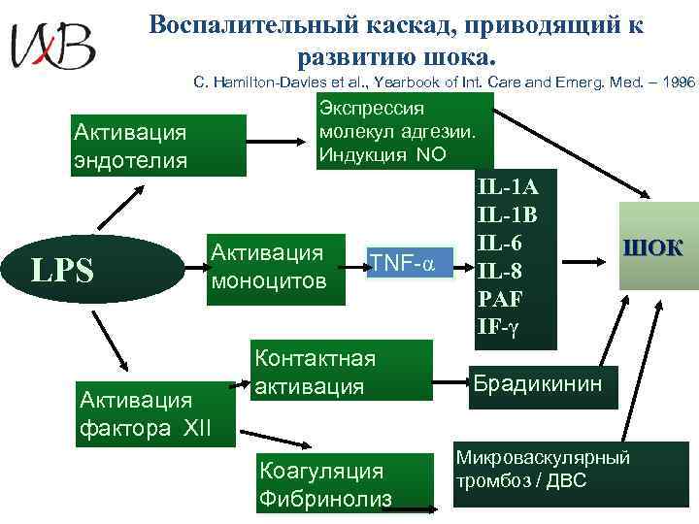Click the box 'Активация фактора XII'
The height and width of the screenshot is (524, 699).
click(x=156, y=413)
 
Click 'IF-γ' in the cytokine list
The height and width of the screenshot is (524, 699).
click(x=500, y=326)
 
